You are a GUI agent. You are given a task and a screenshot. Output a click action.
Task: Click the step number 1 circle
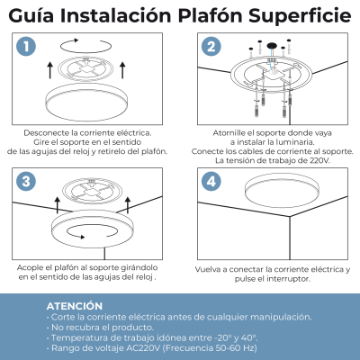(x=26, y=47)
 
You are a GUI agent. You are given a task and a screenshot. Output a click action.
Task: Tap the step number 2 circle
(x=211, y=47)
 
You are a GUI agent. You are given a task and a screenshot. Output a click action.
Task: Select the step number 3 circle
(x=26, y=182)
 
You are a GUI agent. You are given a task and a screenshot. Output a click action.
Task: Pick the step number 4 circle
(x=211, y=182)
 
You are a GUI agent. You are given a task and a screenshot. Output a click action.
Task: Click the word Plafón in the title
(x=211, y=15)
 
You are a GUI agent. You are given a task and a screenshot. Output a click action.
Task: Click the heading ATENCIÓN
(x=75, y=306)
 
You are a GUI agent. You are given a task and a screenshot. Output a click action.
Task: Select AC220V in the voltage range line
(x=143, y=348)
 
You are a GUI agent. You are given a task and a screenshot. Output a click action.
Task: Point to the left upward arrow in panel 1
(x=50, y=70)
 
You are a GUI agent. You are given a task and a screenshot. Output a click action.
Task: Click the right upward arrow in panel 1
(x=122, y=70)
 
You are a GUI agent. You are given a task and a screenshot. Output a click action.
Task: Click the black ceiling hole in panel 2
(x=272, y=46)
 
